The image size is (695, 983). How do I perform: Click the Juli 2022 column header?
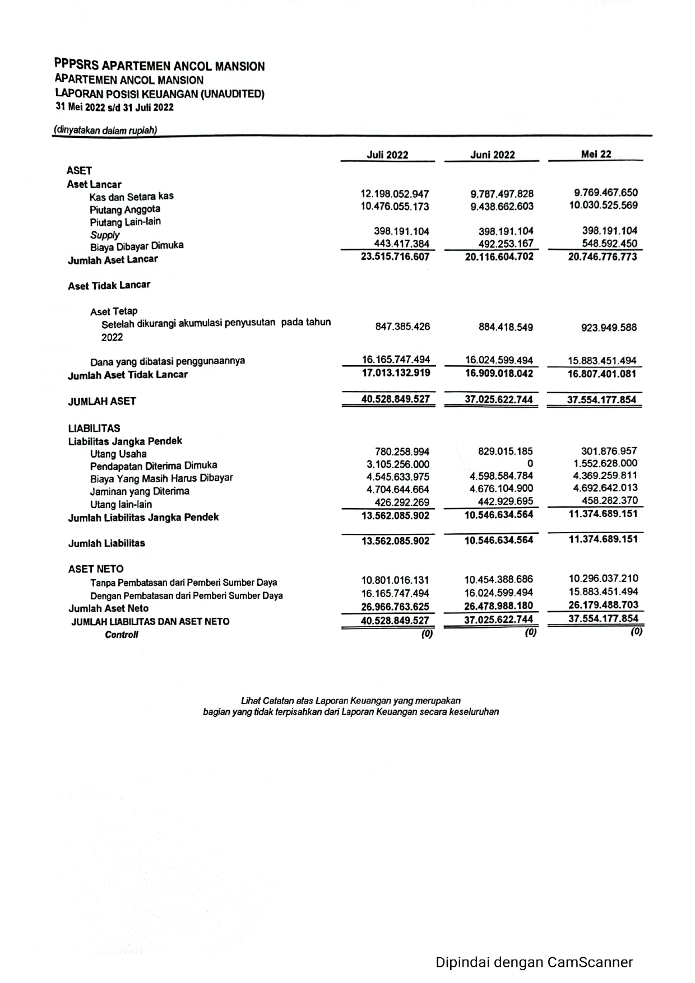pyautogui.click(x=387, y=155)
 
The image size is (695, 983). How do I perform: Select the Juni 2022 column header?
pyautogui.click(x=492, y=155)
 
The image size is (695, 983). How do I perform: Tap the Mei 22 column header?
pyautogui.click(x=596, y=154)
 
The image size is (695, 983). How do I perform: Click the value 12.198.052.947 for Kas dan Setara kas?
pyautogui.click(x=395, y=194)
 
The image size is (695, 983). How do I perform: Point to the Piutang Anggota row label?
pyautogui.click(x=125, y=209)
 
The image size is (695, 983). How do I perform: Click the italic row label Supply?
pyautogui.click(x=105, y=235)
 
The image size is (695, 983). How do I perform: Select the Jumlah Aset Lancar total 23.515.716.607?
pyautogui.click(x=395, y=257)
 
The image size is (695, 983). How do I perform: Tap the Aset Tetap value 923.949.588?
pyautogui.click(x=609, y=328)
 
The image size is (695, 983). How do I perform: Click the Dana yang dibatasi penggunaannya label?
pyautogui.click(x=168, y=361)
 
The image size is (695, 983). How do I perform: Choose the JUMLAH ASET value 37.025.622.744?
pyautogui.click(x=499, y=400)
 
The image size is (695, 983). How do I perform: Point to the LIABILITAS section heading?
pyautogui.click(x=94, y=428)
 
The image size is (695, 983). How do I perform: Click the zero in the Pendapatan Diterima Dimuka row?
pyautogui.click(x=530, y=464)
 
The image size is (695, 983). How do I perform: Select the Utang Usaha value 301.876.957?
pyautogui.click(x=609, y=451)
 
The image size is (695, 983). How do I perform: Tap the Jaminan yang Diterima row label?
pyautogui.click(x=140, y=491)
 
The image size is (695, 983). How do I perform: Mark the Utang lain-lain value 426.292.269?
pyautogui.click(x=401, y=502)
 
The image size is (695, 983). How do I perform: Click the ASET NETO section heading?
pyautogui.click(x=96, y=569)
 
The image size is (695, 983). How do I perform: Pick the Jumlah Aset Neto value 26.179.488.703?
pyautogui.click(x=603, y=605)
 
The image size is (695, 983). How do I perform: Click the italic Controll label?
pyautogui.click(x=122, y=635)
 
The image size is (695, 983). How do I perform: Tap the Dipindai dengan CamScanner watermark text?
pyautogui.click(x=534, y=962)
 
